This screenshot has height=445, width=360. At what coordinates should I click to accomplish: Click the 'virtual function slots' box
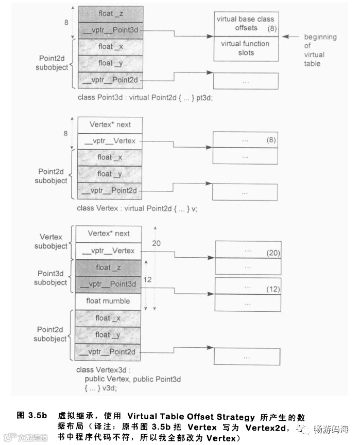click(246, 48)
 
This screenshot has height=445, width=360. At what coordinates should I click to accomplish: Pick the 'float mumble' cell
click(108, 300)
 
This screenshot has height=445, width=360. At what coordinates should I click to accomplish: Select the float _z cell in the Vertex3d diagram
click(108, 267)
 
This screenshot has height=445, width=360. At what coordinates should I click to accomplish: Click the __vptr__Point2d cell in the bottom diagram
click(108, 351)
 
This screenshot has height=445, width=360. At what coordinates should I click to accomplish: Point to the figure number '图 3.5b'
click(32, 415)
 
